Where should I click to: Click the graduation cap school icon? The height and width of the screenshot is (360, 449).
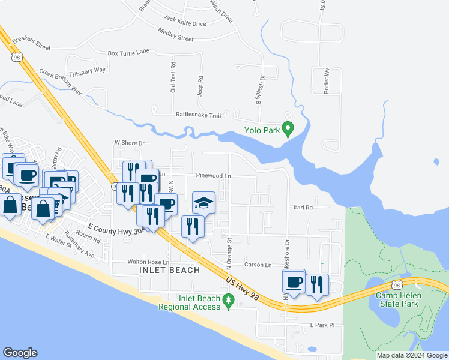203,203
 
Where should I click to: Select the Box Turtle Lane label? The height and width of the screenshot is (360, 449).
128,52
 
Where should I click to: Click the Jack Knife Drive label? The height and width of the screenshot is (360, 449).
184,23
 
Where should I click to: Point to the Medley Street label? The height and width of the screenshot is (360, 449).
176,38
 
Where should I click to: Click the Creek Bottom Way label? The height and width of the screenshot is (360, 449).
59,80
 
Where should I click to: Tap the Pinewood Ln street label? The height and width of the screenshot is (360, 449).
214,176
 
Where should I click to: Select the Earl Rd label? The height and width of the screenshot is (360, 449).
304,208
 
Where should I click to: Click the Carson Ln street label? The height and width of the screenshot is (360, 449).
258,265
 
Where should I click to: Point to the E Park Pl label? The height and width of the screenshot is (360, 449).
322,325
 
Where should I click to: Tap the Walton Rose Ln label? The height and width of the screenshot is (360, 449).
149,262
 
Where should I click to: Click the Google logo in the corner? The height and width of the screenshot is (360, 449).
20,353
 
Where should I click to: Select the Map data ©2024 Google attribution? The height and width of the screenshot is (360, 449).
411,355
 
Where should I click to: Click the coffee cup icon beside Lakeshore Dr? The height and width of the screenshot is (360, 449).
294,281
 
